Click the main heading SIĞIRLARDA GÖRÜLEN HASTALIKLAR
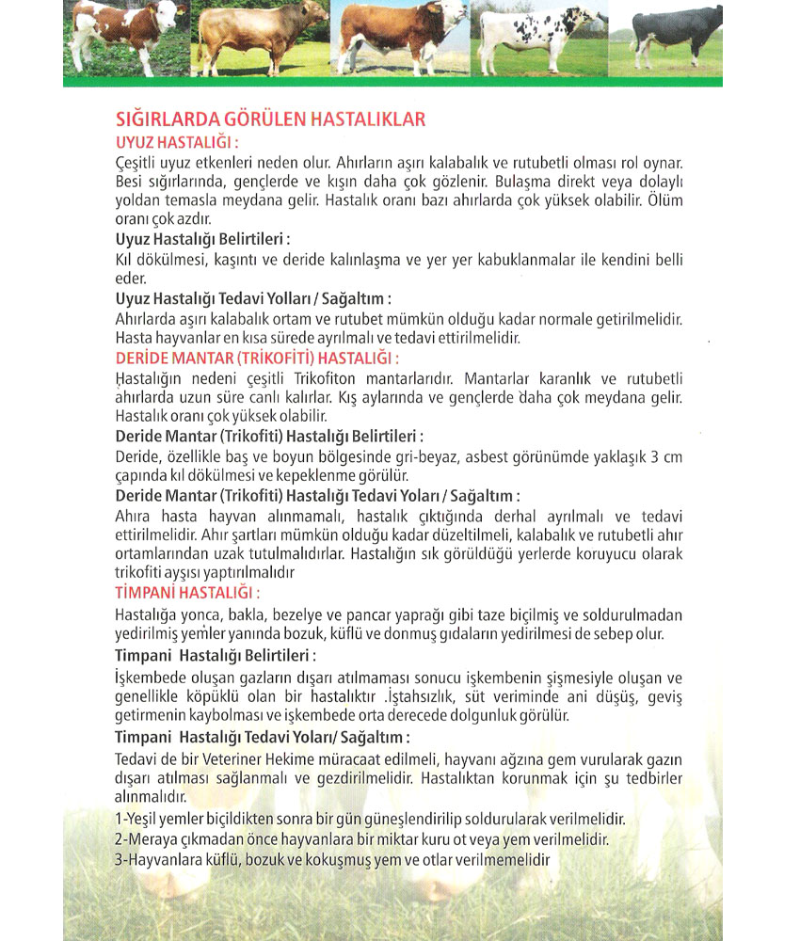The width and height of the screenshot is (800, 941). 270,120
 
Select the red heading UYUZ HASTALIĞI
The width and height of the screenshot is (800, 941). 175,142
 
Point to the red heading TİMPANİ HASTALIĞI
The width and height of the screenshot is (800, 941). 186,593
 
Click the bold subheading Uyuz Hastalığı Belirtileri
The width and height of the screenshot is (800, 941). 201,239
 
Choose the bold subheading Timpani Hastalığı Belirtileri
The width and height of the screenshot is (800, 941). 215,655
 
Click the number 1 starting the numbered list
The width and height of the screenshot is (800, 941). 117,820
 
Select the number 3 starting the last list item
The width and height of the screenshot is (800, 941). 118,858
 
